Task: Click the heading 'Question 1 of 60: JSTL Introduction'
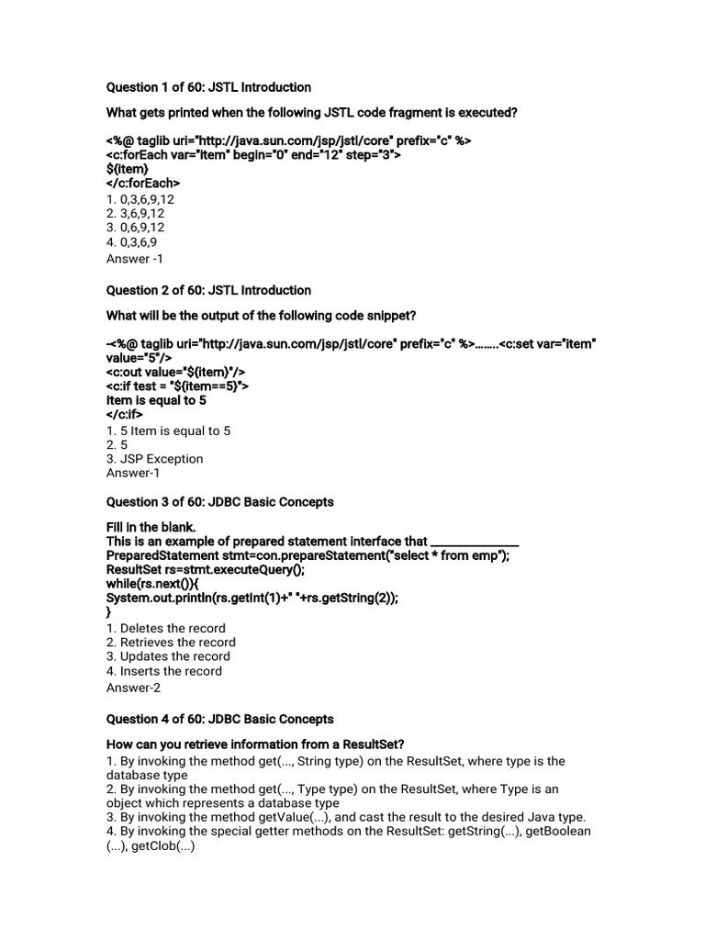click(208, 87)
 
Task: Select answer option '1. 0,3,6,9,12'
click(140, 197)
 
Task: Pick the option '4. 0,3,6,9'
click(132, 241)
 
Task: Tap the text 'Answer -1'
click(135, 259)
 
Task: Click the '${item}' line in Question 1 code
click(128, 169)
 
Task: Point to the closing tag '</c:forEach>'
click(143, 183)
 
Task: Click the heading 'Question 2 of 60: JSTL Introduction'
click(208, 290)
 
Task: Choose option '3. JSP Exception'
click(155, 458)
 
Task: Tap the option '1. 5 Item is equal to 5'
click(169, 430)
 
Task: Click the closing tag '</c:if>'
click(125, 414)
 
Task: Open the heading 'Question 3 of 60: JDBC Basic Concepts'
click(219, 502)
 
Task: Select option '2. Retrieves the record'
click(171, 643)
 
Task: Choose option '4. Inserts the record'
click(164, 671)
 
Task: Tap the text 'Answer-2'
click(133, 688)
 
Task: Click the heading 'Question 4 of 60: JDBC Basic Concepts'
click(219, 719)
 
